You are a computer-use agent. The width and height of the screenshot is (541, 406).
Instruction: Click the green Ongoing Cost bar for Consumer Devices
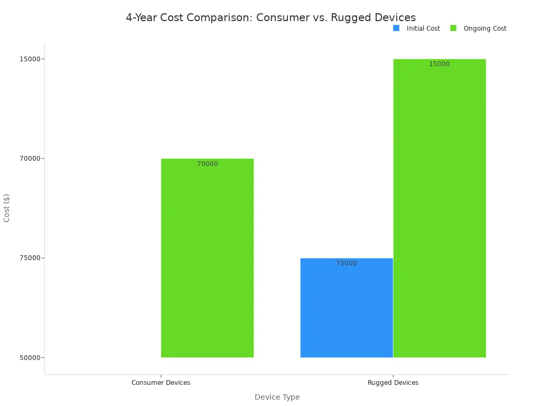click(207, 259)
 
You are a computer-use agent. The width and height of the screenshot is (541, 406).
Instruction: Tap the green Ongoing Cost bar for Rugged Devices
click(440, 211)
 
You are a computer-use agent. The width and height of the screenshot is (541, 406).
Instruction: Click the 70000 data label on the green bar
click(208, 164)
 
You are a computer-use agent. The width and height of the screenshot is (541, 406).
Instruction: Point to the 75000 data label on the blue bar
click(347, 263)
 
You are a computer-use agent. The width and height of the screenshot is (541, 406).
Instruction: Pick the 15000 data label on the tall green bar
click(440, 64)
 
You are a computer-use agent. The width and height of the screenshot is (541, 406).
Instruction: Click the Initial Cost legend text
click(423, 29)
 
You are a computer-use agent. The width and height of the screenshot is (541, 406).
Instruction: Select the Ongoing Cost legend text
click(485, 29)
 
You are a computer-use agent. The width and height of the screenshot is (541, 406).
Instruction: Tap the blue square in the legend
click(396, 28)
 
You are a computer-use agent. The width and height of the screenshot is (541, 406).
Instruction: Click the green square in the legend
click(453, 28)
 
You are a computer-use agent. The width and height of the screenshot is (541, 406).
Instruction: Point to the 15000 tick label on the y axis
click(30, 59)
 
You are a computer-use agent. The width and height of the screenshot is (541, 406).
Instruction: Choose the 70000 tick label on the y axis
click(30, 158)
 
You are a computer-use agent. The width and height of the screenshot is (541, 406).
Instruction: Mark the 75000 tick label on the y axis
click(30, 258)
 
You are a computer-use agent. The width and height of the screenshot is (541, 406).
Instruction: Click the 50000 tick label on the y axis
click(30, 357)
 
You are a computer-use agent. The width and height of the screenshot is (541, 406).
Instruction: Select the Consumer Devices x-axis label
click(161, 383)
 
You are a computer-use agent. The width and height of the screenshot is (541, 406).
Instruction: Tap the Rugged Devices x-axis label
click(393, 383)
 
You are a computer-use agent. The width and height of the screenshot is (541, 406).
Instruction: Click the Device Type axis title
click(277, 397)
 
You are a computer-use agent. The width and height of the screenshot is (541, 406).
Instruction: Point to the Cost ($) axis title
click(7, 208)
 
